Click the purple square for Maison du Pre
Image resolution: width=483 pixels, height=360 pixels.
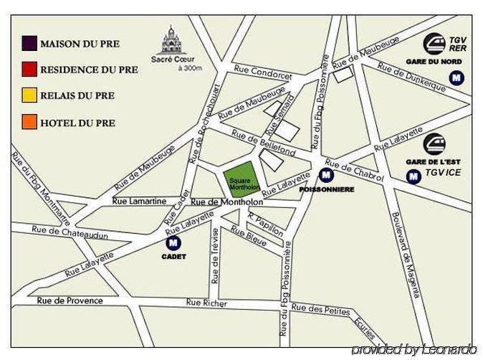coord(29,44)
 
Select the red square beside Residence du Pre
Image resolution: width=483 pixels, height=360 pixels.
coord(29,70)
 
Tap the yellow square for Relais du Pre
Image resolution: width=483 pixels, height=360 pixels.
coord(29,95)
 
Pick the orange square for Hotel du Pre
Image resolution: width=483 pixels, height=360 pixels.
coord(29,122)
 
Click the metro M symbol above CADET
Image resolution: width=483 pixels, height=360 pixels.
coord(173,244)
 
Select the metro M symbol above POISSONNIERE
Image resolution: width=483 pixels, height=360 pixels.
coord(326,175)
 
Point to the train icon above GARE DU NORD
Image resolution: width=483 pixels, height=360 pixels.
coord(434,44)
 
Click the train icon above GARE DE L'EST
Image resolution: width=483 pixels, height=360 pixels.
coord(434,143)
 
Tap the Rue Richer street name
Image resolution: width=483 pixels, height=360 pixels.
coord(206,303)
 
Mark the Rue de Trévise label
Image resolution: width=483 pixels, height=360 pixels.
coord(215,255)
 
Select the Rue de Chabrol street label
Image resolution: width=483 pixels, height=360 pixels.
coord(354,170)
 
